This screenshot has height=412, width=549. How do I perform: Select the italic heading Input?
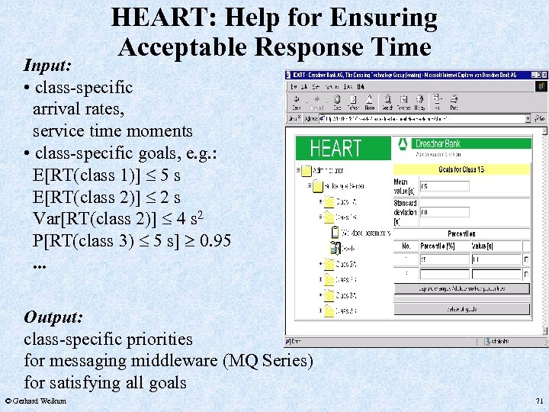coord(48,66)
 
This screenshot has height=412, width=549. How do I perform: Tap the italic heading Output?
coord(53,317)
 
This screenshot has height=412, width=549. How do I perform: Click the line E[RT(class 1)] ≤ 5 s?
coord(106,175)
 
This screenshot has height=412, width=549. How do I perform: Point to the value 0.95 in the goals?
coord(212,241)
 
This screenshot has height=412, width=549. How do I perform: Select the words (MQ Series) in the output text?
coord(268,360)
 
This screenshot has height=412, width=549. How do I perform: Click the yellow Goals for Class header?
coord(461,169)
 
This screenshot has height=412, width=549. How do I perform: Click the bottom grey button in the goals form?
coord(461,307)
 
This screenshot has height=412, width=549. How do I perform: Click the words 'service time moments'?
coord(112,130)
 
